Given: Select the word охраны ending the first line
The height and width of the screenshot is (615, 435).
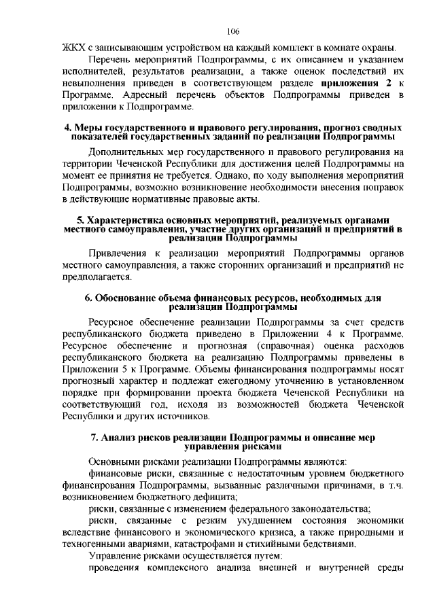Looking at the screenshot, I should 378,48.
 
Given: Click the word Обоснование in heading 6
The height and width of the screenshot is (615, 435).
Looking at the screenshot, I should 130,298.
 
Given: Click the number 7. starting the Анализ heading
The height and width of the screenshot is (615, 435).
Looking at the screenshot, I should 94,436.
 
